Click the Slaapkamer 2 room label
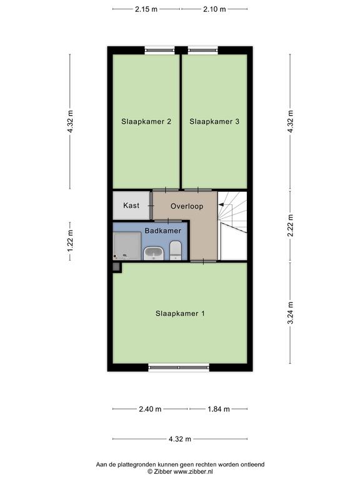click(146, 121)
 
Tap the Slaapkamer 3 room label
click(214, 121)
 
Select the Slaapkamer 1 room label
click(180, 314)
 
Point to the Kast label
click(131, 206)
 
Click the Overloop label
click(187, 206)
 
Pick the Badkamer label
click(163, 231)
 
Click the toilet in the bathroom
click(176, 250)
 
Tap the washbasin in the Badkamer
click(154, 254)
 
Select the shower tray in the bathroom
click(127, 246)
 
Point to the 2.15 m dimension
click(146, 9)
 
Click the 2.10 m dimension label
click(214, 9)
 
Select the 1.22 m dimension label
click(70, 241)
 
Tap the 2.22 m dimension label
click(291, 225)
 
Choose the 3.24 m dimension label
click(291, 312)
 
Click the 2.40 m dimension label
click(150, 409)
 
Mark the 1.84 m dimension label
click(219, 409)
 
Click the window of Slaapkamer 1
click(179, 367)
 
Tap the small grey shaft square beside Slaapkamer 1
click(116, 267)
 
